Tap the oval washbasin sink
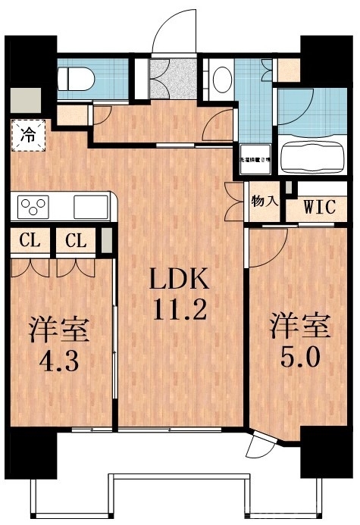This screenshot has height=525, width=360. [x=222, y=79]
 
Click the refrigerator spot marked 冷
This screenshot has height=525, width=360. [x=27, y=136]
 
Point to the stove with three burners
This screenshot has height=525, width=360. [x=35, y=206]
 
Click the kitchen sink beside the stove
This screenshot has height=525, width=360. [x=91, y=206]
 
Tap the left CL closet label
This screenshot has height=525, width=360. [x=30, y=242]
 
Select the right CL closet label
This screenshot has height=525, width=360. [x=75, y=242]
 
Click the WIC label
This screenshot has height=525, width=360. [x=320, y=206]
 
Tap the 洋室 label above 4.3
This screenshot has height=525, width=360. [x=59, y=330]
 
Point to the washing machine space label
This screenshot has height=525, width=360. [x=257, y=159]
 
